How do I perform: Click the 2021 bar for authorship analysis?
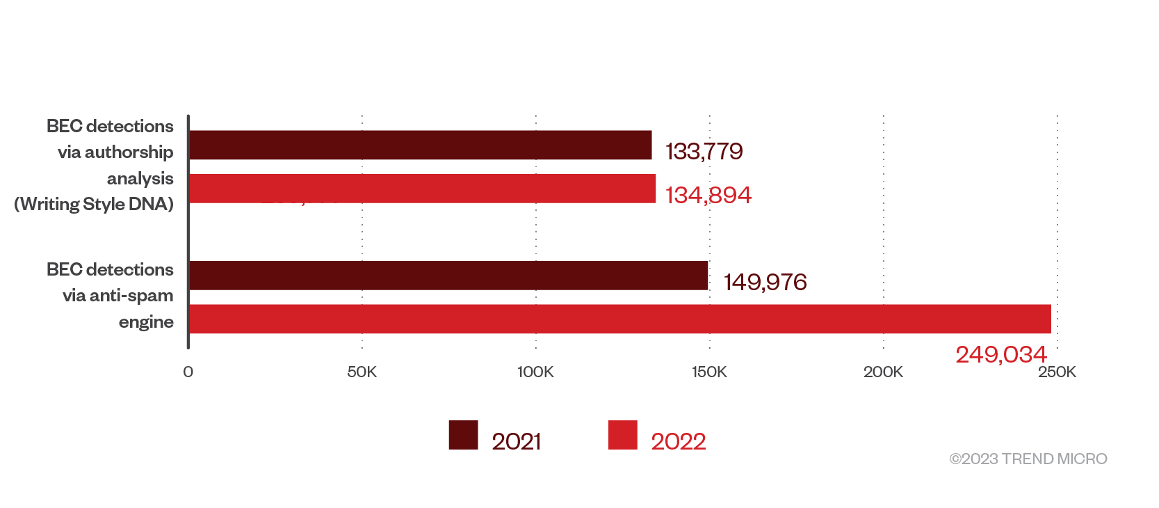(x=420, y=145)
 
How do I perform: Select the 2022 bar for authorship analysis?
(x=422, y=189)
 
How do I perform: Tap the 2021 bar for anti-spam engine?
(x=448, y=276)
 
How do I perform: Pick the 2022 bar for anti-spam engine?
(x=619, y=319)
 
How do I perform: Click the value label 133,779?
(x=704, y=151)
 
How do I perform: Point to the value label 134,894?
(x=708, y=195)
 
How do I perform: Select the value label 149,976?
(x=765, y=282)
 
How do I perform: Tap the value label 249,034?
(x=1000, y=354)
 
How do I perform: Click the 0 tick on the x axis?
(x=188, y=372)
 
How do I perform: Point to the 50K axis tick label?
(x=362, y=372)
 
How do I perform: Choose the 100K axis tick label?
(x=535, y=372)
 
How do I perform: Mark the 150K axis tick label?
(x=709, y=372)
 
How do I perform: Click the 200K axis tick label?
(x=883, y=372)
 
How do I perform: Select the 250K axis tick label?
(x=1057, y=372)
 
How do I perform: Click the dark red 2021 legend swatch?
(x=463, y=435)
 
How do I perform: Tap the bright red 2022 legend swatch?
(x=622, y=435)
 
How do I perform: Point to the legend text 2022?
(x=678, y=441)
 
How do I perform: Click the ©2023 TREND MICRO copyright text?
(x=1028, y=459)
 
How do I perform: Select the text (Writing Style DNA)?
(x=94, y=204)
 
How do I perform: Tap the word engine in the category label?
(x=146, y=322)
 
